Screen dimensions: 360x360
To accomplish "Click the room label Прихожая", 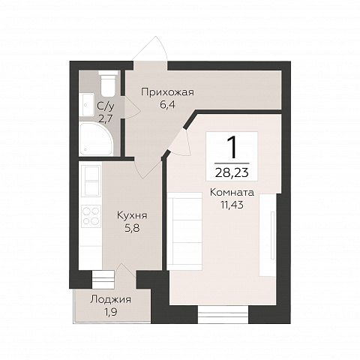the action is [167, 92].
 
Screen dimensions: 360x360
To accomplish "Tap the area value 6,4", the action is [167, 105].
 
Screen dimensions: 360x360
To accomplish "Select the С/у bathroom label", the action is [106, 106].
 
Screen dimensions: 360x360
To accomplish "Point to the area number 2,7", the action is [106, 119].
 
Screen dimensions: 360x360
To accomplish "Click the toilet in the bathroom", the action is [108, 83].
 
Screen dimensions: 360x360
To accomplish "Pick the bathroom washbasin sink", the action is [86, 104].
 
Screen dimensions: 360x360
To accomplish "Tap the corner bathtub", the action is [96, 139].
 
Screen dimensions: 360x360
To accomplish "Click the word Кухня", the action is [132, 215].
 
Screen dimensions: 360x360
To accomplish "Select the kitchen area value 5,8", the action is [132, 228].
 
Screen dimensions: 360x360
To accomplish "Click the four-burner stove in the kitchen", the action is [91, 216].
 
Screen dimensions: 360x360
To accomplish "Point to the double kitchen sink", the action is [91, 181].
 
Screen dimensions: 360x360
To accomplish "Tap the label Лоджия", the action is [110, 299].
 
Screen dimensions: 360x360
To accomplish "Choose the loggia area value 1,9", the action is [110, 312].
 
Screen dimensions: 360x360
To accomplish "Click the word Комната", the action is [232, 193].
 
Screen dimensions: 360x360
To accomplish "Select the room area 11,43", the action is [232, 205].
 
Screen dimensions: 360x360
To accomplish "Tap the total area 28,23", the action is [232, 172].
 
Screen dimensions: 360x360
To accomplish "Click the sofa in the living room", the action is [184, 231].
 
